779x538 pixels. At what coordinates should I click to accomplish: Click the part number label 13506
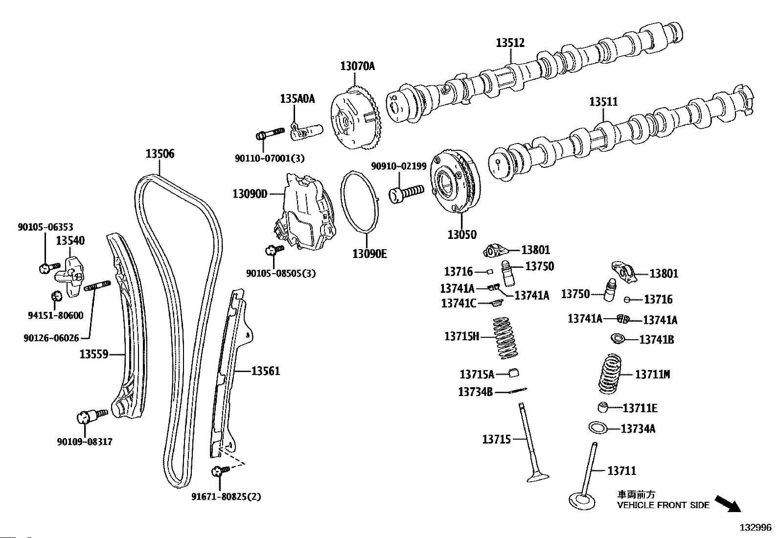160,154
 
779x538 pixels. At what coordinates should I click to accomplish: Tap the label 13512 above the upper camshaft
510,43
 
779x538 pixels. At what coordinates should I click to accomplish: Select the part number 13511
603,101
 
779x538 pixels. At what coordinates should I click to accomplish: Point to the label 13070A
357,66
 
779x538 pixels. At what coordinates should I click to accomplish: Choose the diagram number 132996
755,527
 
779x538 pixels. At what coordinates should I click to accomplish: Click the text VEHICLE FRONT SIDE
663,505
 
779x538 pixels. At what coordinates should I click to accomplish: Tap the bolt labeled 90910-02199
406,192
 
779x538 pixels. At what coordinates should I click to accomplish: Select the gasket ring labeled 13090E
361,201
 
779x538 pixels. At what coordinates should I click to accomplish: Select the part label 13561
266,371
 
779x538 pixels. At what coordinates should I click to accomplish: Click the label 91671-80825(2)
226,497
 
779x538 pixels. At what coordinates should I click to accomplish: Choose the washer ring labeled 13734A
597,427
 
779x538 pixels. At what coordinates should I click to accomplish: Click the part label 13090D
250,194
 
